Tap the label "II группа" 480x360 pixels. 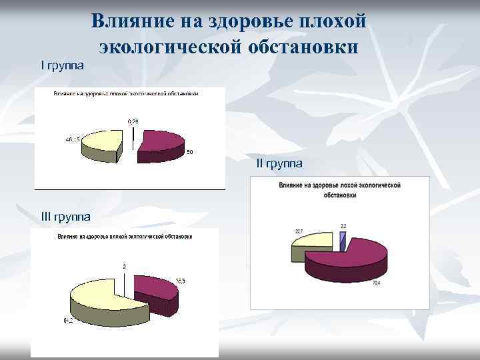(279, 163)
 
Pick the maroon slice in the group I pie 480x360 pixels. (160, 141)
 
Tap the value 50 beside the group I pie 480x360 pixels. (189, 153)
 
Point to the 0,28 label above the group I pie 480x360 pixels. (134, 121)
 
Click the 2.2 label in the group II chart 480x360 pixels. (343, 226)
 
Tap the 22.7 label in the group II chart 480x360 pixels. (299, 231)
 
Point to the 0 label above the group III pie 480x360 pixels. (123, 267)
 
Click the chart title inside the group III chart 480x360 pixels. (125, 237)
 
